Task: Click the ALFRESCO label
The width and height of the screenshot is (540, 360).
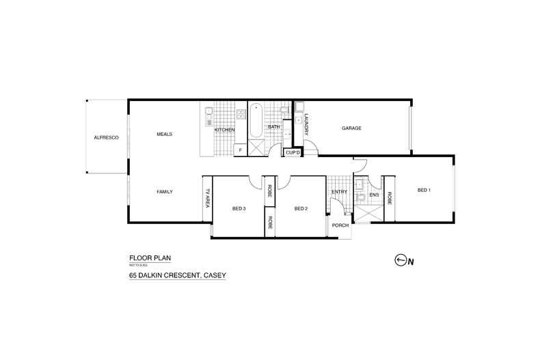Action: [106, 138]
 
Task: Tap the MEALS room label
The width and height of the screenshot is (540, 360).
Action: [164, 134]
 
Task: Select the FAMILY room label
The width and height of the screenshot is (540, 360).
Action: [164, 192]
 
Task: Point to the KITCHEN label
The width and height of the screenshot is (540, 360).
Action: [224, 129]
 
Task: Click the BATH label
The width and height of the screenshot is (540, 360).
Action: [273, 127]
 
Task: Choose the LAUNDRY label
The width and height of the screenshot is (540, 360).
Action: [307, 124]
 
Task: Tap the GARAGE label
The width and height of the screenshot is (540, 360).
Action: [351, 128]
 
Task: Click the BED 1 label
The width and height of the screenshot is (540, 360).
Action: [424, 190]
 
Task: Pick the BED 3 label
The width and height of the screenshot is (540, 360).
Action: [239, 208]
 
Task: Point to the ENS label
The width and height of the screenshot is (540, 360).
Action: [373, 195]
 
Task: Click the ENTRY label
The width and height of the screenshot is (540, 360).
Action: [339, 192]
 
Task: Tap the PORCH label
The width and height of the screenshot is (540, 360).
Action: [340, 225]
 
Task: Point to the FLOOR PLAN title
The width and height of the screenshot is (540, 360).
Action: [150, 258]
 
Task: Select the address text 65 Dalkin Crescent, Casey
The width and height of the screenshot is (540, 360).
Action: [178, 275]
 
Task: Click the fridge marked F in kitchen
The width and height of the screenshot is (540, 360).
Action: [240, 149]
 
